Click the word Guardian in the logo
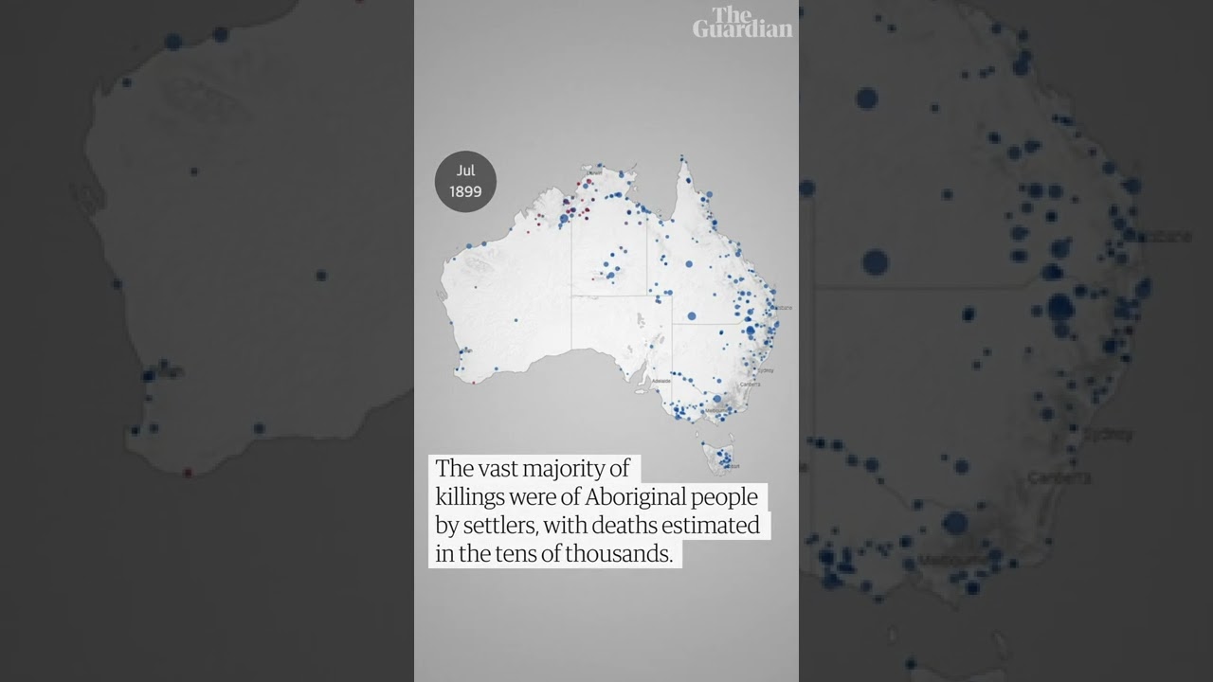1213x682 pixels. coord(742,28)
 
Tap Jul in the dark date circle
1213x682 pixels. coord(465,170)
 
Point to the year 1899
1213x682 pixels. coord(465,191)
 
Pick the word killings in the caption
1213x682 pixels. coord(469,497)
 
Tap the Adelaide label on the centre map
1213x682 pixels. coord(661,381)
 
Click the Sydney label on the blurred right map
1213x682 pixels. coord(1107,435)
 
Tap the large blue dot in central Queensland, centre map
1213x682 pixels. coord(692,315)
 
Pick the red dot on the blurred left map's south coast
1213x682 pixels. coord(188,472)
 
